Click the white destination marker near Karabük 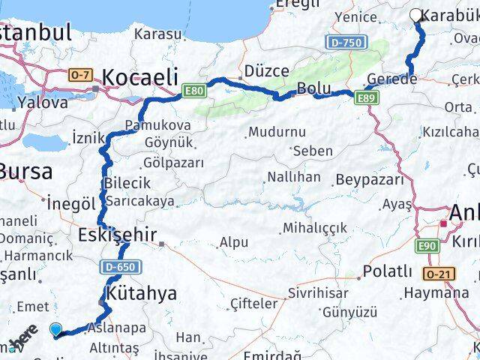(416, 14)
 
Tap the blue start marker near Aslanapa (57, 328)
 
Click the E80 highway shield (193, 91)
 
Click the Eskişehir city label (117, 235)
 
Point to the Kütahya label (142, 292)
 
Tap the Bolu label (308, 88)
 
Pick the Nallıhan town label (292, 178)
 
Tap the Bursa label (26, 172)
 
